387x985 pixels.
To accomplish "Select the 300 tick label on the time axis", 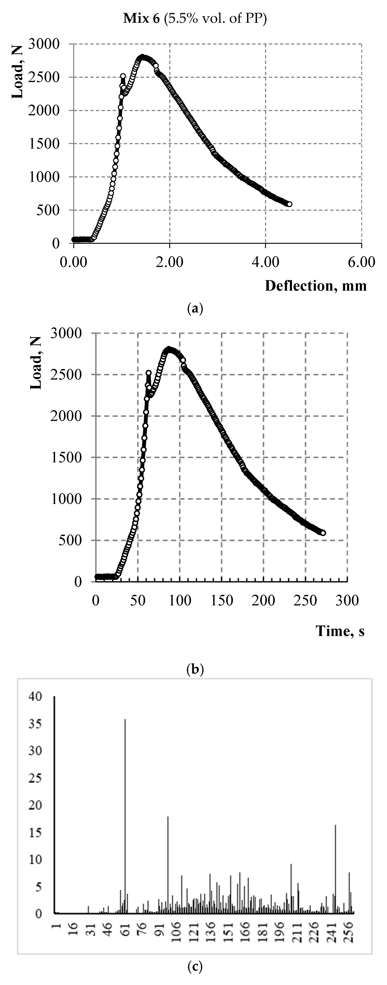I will point(347,600).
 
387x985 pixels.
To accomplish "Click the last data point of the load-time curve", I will point(323,533).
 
